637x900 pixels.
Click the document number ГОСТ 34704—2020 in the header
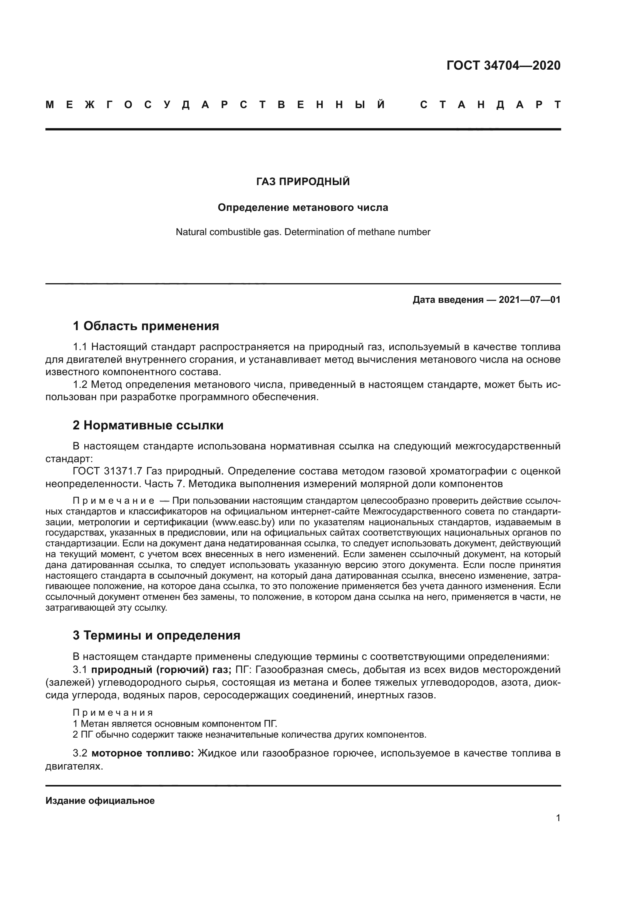503,65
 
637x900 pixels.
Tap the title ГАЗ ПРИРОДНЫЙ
303,182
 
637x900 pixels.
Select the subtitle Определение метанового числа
303,207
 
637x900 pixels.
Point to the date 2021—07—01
529,300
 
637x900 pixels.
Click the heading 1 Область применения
146,326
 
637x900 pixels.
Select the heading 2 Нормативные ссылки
148,425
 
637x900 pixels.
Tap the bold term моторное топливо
143,753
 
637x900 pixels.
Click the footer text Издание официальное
100,801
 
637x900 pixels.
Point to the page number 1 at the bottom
558,818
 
